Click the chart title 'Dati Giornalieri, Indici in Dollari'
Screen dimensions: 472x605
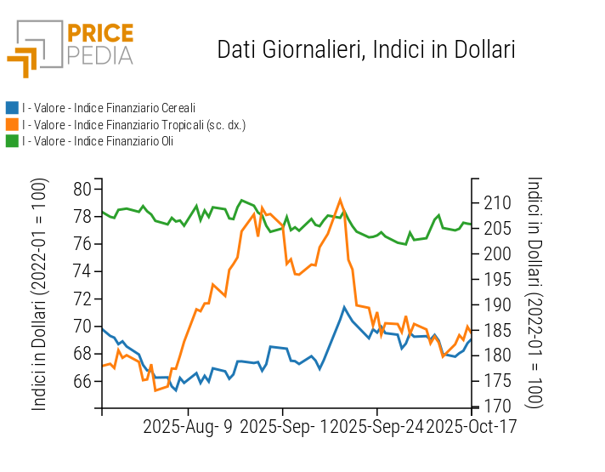tap(366, 49)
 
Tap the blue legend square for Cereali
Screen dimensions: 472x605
tap(12, 108)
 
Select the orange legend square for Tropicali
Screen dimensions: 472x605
tap(12, 124)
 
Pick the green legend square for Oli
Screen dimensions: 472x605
tap(12, 141)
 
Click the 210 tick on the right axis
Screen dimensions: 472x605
tap(494, 203)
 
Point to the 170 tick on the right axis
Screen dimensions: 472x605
tap(494, 407)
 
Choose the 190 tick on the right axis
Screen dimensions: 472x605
tap(494, 304)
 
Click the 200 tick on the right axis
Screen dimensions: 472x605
tap(494, 253)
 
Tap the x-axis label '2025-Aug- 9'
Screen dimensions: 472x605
tap(188, 427)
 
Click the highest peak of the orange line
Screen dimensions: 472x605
tap(340, 200)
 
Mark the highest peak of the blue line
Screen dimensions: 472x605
tap(344, 307)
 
